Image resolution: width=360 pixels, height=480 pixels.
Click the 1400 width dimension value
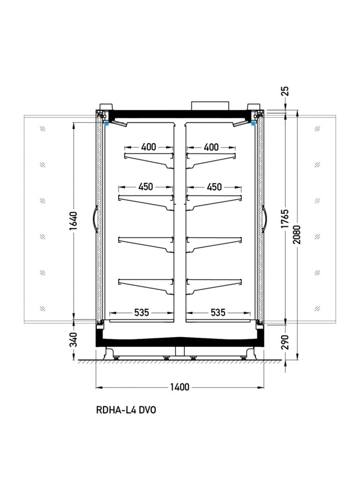tap(180, 387)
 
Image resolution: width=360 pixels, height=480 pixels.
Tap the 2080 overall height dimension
tap(297, 234)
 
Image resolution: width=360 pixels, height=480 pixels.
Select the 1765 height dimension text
tap(285, 218)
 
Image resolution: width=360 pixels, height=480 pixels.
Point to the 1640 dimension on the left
tap(73, 221)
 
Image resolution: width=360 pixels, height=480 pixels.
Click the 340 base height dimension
tap(74, 339)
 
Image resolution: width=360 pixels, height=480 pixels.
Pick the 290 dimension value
tap(285, 342)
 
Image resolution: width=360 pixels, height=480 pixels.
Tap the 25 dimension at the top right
tap(285, 91)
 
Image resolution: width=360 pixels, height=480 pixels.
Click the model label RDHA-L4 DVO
tap(126, 410)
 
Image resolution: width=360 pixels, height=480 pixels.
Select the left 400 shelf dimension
tap(149, 147)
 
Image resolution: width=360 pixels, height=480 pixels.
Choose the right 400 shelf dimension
tap(211, 147)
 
